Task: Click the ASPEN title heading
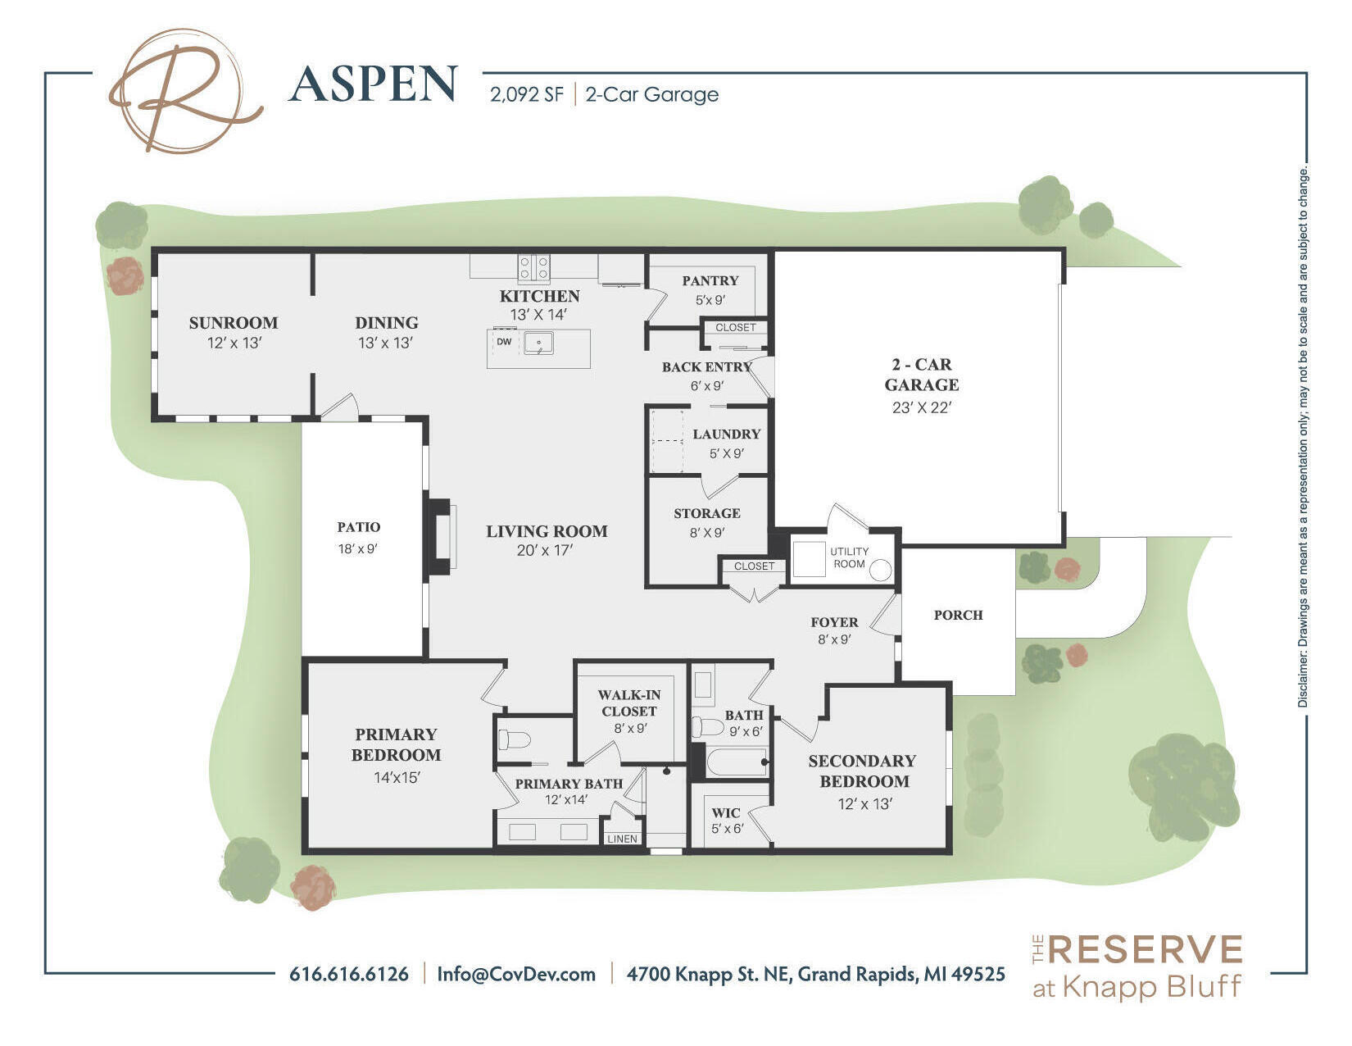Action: pos(373,85)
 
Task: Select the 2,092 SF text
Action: pos(527,95)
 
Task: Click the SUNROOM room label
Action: pos(234,322)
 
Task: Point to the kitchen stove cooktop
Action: pos(533,266)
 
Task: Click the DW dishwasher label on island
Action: pos(504,342)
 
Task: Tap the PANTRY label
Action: pos(710,280)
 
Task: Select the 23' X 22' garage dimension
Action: pos(921,407)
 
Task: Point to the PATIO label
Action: pos(359,527)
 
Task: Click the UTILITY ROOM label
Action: pos(849,557)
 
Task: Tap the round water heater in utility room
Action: pos(880,571)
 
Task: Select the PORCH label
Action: pos(958,615)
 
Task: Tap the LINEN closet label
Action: pos(622,839)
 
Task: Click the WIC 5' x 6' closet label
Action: pos(725,820)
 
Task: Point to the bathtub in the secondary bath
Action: pos(736,762)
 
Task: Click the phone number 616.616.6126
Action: pos(349,974)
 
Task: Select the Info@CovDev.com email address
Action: pos(516,974)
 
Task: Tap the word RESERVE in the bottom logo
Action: pos(1145,950)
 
